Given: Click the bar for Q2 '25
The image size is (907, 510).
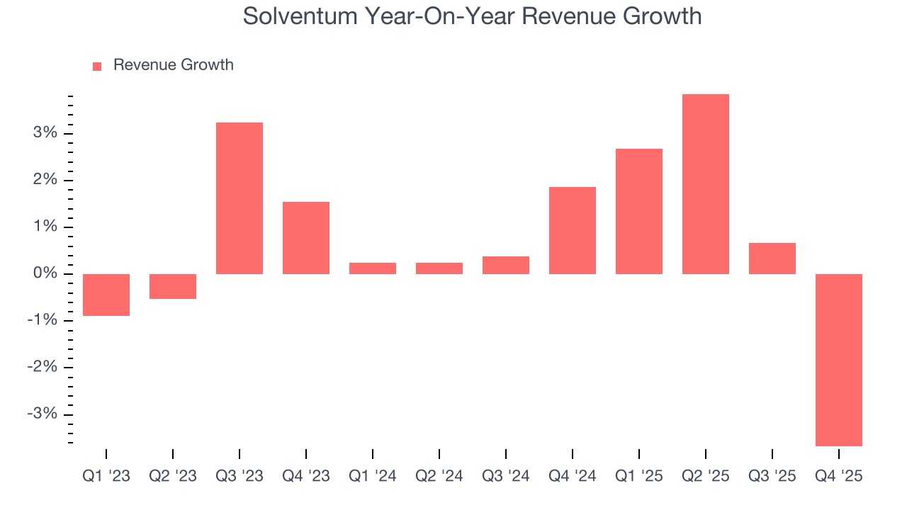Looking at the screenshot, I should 705,184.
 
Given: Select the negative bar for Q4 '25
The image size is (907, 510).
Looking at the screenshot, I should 838,360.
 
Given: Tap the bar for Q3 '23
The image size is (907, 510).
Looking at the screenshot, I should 239,198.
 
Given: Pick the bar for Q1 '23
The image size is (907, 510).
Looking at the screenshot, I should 106,295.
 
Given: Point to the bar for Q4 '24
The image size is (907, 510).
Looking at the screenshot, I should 572,230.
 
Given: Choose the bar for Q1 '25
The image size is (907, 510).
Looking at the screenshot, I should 638,211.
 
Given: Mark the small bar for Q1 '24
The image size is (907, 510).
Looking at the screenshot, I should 372,268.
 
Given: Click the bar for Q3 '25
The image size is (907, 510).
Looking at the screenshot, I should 772,259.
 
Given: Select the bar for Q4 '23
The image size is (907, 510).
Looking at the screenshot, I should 305,238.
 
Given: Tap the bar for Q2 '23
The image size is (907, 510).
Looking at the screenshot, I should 172,286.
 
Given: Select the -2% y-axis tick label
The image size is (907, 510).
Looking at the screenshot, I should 43,368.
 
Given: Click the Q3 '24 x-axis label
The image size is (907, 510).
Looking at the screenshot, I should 505,476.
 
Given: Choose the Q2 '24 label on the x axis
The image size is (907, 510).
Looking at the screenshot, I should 439,476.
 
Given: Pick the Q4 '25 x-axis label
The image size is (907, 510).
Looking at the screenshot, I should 838,476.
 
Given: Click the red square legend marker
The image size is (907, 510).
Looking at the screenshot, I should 97,66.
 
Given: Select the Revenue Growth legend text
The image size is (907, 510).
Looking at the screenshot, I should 173,65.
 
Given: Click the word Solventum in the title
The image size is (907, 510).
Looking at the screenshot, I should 300,16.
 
